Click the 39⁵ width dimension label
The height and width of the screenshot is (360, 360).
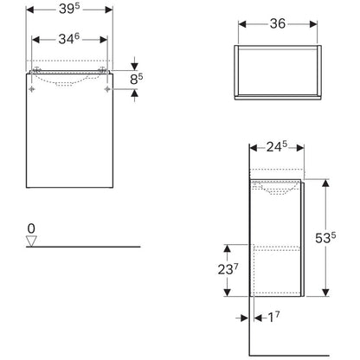click(x=69, y=9)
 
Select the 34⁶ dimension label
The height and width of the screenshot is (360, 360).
click(x=69, y=39)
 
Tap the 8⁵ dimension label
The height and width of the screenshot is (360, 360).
click(x=136, y=80)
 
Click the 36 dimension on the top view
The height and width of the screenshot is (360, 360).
click(x=278, y=23)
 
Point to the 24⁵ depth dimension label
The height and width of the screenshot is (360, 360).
click(x=277, y=147)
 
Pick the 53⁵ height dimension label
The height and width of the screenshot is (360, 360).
click(x=325, y=238)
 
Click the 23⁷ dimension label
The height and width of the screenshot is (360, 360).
click(x=228, y=269)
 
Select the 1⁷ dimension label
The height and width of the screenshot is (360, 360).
click(x=273, y=318)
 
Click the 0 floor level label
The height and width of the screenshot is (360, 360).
click(x=31, y=228)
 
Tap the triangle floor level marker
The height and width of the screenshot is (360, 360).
click(x=31, y=241)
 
